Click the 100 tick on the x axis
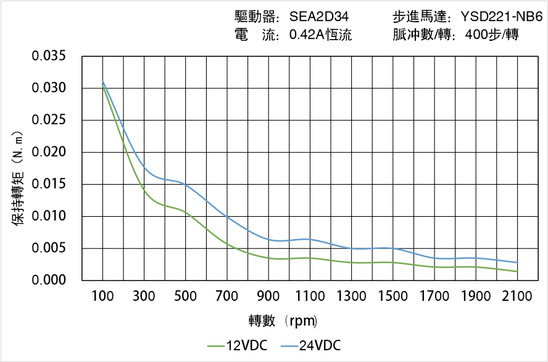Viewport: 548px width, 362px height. [102, 297]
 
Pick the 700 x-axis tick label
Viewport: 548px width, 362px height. [227, 297]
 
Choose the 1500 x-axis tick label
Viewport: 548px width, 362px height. [392, 297]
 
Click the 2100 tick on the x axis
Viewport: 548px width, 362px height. [517, 297]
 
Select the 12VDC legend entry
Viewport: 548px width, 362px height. [237, 345]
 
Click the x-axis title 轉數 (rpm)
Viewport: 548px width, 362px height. [283, 321]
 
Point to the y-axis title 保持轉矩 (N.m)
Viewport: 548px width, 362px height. [18, 178]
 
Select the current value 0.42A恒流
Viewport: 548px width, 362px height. [320, 35]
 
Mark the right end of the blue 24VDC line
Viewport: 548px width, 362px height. [517, 263]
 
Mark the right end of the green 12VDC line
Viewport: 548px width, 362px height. [517, 271]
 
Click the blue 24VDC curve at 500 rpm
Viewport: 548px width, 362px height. [186, 184]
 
